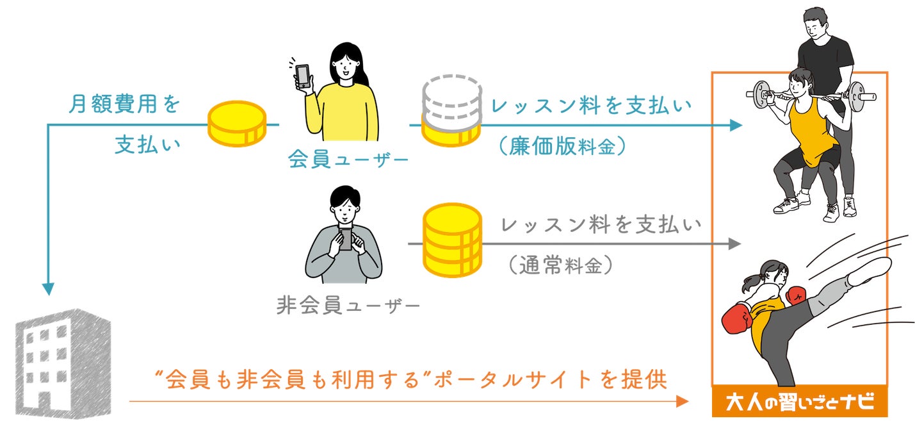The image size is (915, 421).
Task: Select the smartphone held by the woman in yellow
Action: (302, 76)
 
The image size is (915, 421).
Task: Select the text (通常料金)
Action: (560, 266)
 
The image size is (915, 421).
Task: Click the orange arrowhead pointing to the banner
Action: (682, 402)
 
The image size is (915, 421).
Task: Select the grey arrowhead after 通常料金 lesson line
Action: (735, 244)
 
